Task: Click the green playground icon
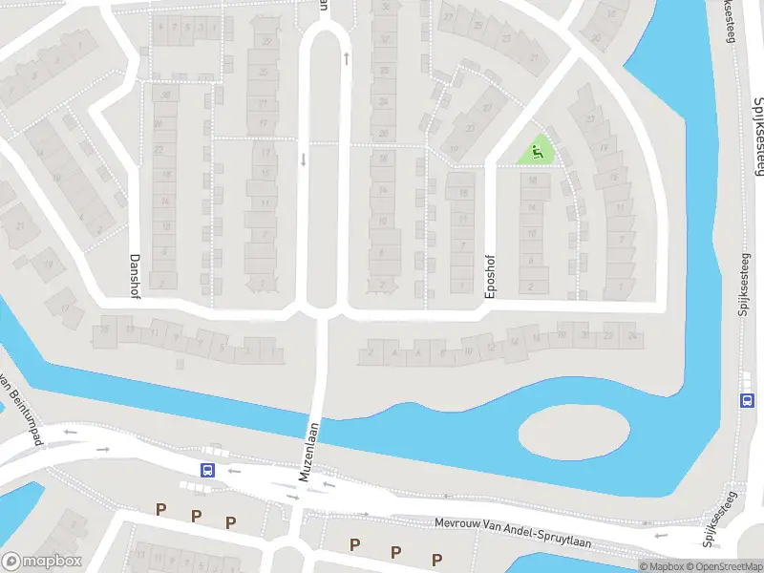537,149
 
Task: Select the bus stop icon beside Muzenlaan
207,470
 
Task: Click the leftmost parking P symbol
161,511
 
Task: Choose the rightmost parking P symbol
436,559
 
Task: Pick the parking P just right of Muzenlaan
354,544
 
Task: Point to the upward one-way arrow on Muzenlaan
346,57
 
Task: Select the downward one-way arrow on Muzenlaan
303,159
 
